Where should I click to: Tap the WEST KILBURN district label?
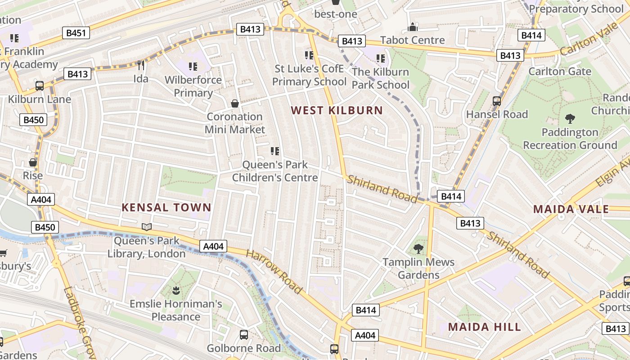(337, 110)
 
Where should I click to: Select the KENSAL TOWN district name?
(166, 207)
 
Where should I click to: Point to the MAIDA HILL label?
(484, 327)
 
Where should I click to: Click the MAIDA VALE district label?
(571, 209)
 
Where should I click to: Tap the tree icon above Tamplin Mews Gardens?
(418, 248)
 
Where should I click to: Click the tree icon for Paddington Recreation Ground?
(570, 119)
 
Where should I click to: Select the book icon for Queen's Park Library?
(147, 227)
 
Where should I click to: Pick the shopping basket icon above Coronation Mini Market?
(235, 103)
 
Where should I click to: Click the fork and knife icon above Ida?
(141, 66)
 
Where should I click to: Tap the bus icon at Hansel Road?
(497, 101)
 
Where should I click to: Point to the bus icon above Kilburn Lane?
(40, 86)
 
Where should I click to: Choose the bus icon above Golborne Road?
(243, 335)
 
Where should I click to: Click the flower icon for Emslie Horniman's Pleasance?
(175, 291)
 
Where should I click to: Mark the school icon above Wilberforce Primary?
(193, 67)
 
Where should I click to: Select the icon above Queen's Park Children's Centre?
(274, 151)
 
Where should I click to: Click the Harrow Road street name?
(274, 272)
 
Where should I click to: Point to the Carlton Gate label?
(559, 72)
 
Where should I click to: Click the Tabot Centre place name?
(412, 40)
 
